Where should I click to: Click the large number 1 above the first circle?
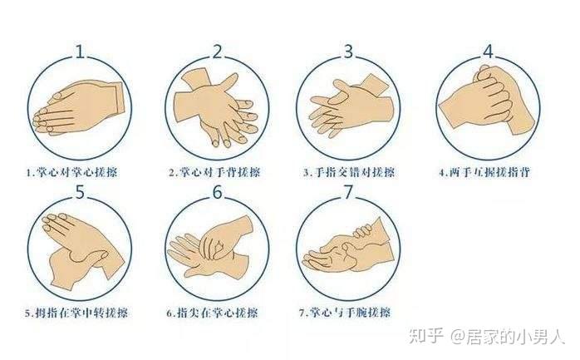[81, 52]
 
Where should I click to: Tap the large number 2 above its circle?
[217, 52]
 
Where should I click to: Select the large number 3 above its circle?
[348, 52]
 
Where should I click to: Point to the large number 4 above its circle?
[489, 52]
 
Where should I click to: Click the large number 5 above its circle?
[80, 193]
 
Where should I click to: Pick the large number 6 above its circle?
[217, 193]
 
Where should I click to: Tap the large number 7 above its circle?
[348, 193]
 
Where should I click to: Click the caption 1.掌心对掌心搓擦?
[72, 172]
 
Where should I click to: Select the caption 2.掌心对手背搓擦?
[214, 172]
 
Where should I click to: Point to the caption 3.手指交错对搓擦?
[349, 172]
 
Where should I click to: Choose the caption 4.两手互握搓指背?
[485, 172]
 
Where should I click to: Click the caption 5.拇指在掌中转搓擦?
[76, 313]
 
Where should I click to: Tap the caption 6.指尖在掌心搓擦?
[212, 313]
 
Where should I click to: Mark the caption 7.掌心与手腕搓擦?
[345, 313]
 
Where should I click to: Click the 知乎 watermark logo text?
[426, 336]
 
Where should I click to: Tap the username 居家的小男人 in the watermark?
[515, 337]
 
